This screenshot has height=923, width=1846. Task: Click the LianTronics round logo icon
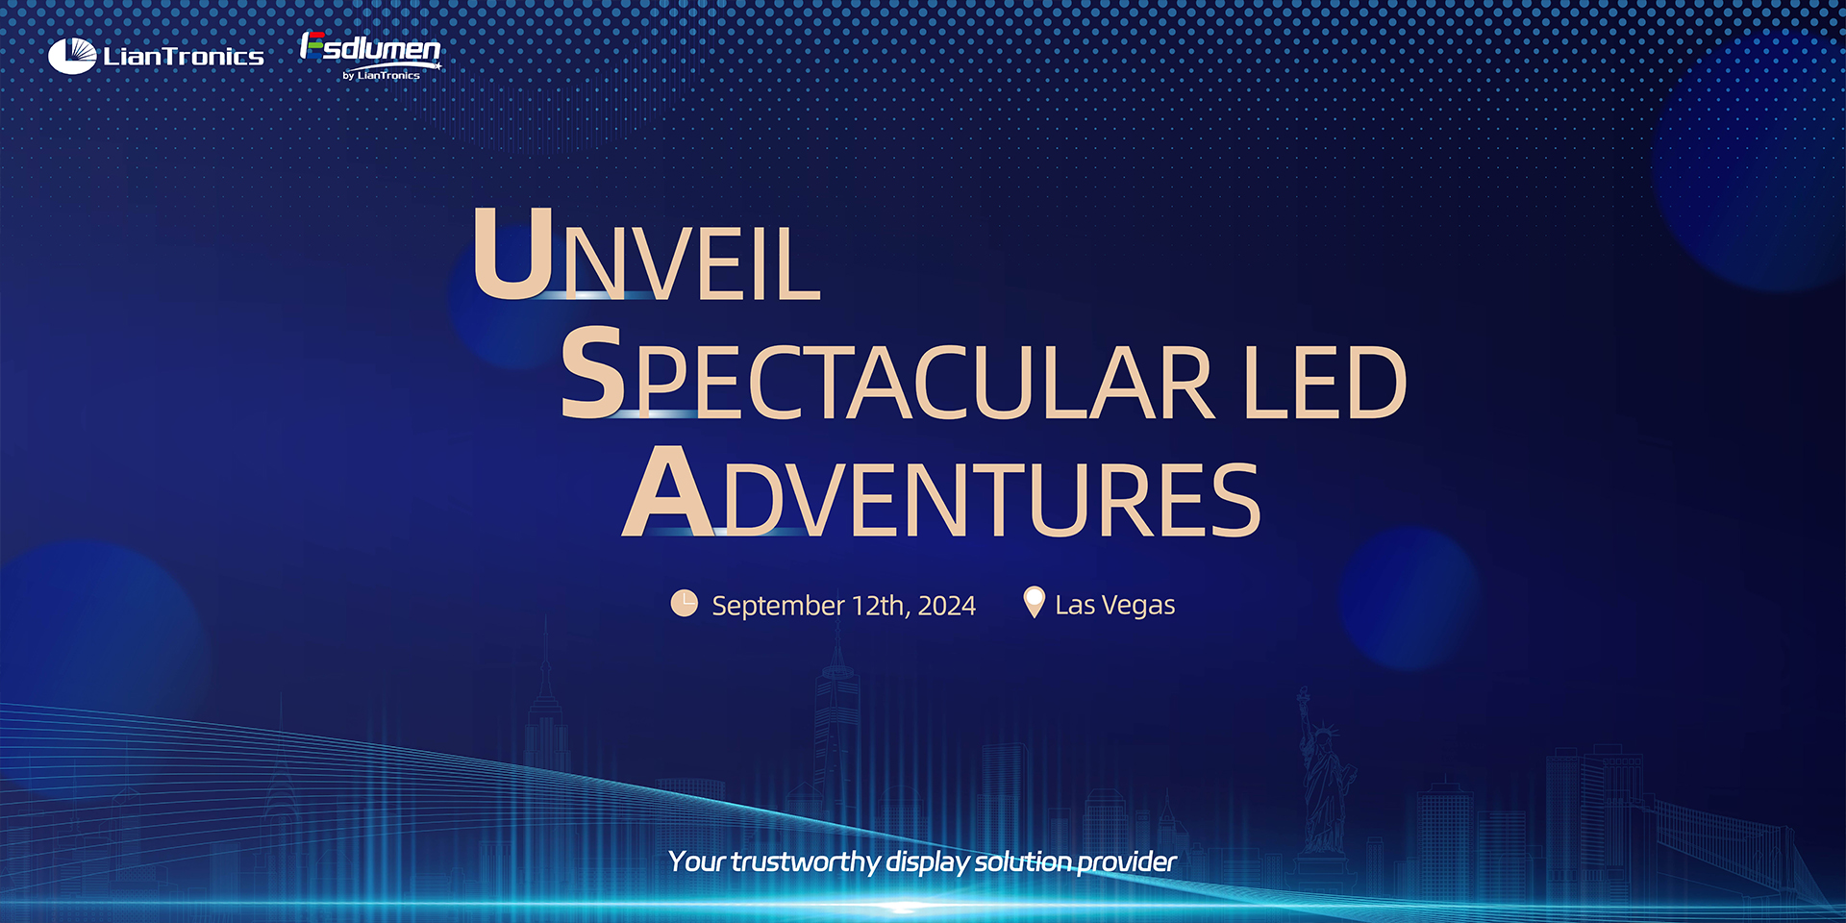click(x=72, y=56)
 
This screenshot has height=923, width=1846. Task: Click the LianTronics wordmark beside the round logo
click(x=184, y=57)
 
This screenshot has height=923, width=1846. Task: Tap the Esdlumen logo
click(x=371, y=56)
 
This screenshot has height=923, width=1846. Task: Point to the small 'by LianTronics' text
click(x=382, y=75)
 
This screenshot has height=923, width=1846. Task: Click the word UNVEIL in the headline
click(x=647, y=254)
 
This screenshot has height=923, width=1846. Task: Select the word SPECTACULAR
click(x=886, y=373)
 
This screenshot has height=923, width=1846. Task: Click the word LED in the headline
click(x=1326, y=383)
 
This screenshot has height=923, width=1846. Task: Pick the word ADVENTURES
click(x=941, y=491)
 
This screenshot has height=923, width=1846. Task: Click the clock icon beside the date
click(x=684, y=604)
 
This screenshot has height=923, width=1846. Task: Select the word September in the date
click(x=778, y=606)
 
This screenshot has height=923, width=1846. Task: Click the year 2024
click(x=947, y=606)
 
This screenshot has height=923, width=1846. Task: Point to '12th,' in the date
click(x=881, y=606)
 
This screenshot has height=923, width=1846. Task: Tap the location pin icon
click(x=1034, y=603)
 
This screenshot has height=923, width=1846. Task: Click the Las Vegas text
click(x=1115, y=605)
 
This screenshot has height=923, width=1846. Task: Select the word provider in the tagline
click(x=1127, y=861)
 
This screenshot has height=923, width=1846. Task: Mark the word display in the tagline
click(x=927, y=861)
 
